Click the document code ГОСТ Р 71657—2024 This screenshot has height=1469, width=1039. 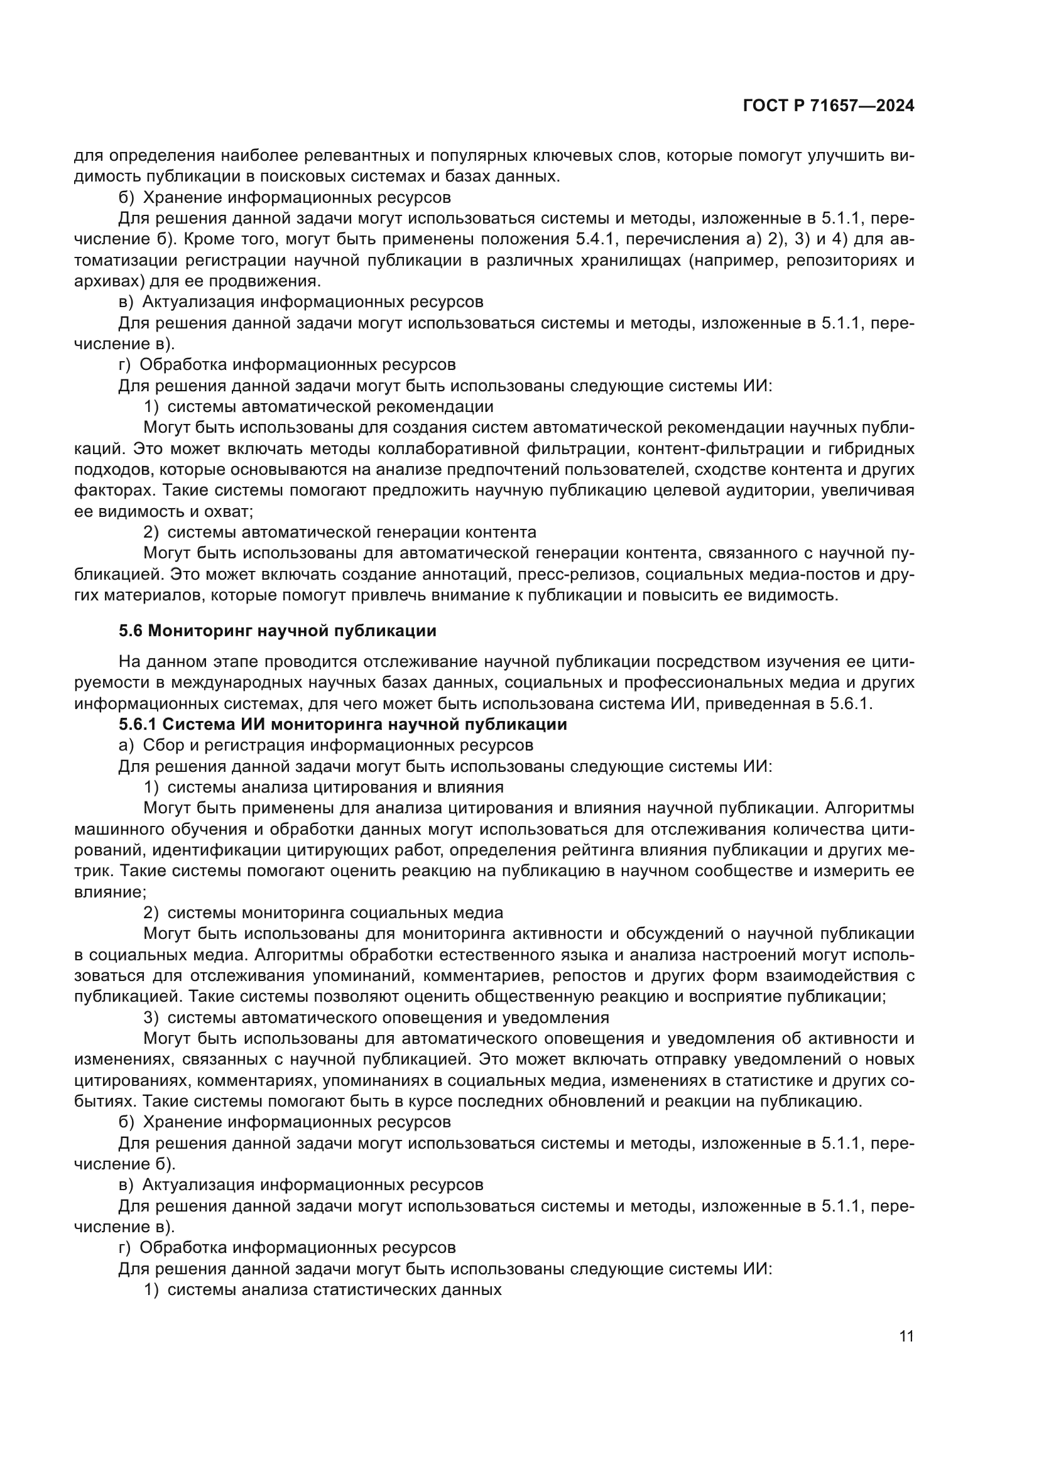coord(829,106)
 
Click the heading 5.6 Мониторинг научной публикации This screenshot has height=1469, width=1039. coord(278,631)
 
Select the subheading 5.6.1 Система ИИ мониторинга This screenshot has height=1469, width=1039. coord(343,724)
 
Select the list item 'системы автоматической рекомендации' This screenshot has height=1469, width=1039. coord(330,406)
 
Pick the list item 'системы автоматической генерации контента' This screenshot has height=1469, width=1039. coord(351,532)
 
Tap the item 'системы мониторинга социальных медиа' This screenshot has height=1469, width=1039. coord(335,913)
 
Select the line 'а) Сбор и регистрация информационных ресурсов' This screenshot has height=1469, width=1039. coord(325,745)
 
